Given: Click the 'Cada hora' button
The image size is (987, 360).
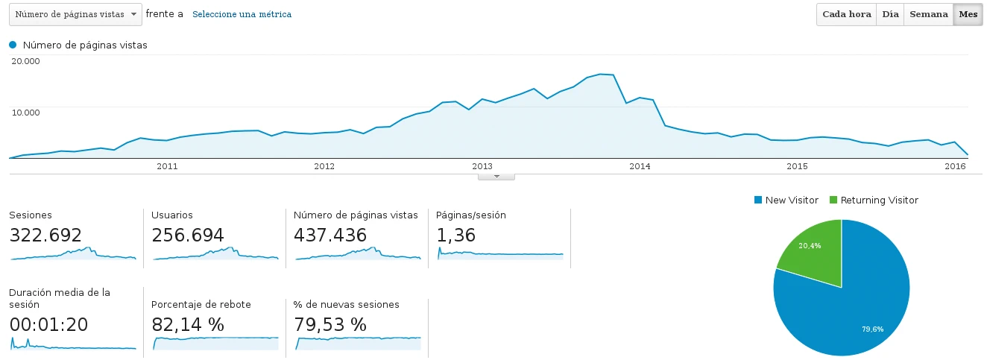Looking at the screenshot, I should point(846,14).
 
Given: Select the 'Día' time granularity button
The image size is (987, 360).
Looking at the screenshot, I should point(890,14).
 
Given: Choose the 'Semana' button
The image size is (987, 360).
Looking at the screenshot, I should point(928,14).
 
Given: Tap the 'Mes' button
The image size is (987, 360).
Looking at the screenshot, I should point(968,14).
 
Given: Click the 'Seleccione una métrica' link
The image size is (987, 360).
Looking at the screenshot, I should point(242,14).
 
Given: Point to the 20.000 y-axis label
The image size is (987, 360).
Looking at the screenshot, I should point(25,61).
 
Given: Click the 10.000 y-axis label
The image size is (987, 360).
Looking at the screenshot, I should point(25,112).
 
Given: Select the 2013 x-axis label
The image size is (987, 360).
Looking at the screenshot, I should point(482,166).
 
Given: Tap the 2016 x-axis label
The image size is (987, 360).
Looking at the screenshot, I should point(955,166).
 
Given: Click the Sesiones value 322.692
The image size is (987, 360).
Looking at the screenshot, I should point(45,236).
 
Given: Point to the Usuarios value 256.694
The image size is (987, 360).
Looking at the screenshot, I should point(188,236).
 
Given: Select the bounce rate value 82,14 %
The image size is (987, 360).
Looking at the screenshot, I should point(188,325).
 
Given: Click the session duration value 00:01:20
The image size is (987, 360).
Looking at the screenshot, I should point(49,325).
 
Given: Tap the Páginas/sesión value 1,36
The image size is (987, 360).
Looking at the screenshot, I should point(456,236).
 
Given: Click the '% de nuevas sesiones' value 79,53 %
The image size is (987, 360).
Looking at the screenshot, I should point(330,325).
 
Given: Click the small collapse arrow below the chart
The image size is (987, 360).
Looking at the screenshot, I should point(496,177).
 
